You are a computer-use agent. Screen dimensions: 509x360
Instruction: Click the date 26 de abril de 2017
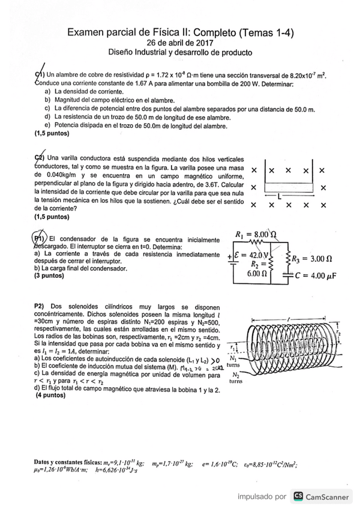pos(179,43)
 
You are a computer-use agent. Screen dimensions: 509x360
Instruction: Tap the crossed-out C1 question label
pos(40,73)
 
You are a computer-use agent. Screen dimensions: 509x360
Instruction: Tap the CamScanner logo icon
pos(298,496)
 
